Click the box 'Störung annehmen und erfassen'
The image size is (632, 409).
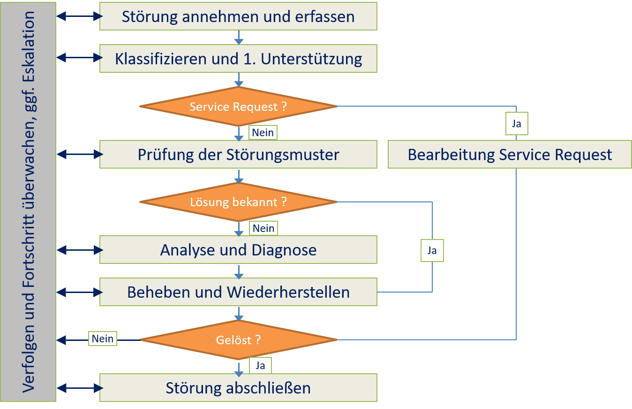238,16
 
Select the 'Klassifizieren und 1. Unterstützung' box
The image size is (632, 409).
238,59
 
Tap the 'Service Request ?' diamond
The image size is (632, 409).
238,107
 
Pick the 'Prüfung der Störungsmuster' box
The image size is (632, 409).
238,154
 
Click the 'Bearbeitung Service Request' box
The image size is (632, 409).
510,154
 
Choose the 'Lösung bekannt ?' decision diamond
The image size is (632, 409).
238,202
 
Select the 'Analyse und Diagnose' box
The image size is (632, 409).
238,250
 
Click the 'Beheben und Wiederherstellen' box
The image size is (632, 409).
238,292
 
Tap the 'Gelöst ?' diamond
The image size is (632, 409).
238,340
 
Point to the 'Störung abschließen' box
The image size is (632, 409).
238,388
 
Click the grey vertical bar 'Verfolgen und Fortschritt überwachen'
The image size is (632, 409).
29,202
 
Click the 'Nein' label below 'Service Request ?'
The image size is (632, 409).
263,132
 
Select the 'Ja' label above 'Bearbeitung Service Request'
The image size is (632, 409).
517,124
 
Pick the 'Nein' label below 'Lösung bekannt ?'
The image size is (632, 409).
263,228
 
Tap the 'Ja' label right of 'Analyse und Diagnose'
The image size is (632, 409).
432,250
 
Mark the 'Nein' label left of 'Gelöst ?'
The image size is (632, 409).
103,338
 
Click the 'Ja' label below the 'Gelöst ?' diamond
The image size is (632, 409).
260,366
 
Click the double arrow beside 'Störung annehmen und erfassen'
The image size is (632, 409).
79,16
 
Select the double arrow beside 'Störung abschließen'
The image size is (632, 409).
79,388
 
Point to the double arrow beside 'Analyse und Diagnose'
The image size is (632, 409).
79,250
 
